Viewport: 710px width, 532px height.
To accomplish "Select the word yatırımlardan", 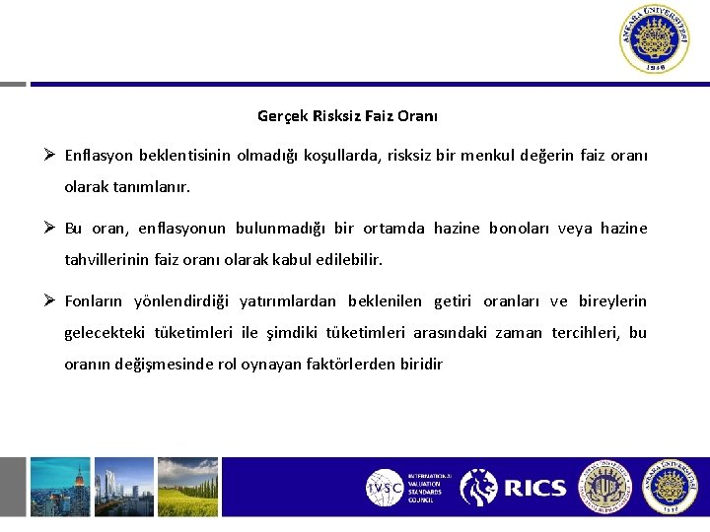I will coord(289,301).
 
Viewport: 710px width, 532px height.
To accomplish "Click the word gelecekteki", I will coord(106,333).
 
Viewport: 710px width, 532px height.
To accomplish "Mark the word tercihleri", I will coord(585,333).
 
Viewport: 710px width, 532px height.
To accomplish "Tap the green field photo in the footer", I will coord(186,488).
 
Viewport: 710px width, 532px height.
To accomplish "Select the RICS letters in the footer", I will coord(535,488).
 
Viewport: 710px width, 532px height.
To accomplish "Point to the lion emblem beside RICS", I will coord(479,488).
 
